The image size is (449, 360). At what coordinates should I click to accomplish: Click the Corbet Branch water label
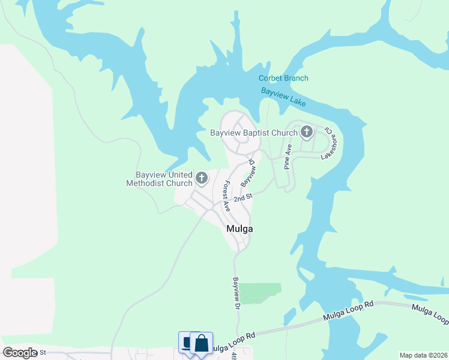coord(283,78)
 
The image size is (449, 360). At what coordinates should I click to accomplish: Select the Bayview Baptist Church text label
coord(254,133)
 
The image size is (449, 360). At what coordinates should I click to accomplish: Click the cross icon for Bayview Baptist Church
coord(307,132)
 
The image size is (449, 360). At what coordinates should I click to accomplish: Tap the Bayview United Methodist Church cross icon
coord(201,178)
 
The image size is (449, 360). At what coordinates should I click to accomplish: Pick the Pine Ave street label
coord(288,156)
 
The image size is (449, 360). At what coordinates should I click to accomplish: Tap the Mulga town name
coord(240,229)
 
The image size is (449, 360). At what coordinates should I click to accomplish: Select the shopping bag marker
coord(202,344)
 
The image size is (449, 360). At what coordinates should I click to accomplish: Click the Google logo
coord(20,353)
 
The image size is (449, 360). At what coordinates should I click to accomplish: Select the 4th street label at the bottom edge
coord(234,356)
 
